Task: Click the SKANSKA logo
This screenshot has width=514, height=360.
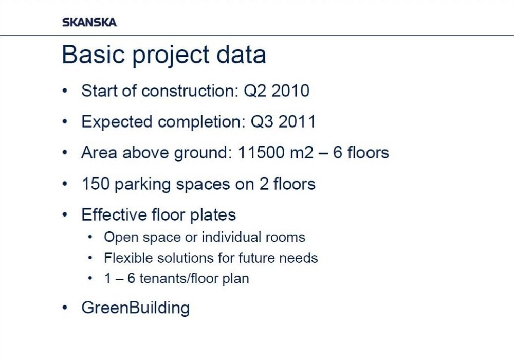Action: click(89, 22)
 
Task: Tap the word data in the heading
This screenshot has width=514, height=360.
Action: click(241, 54)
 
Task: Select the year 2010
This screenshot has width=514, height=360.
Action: click(290, 91)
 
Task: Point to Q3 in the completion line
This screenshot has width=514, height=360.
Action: click(262, 122)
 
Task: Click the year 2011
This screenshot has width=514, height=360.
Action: click(297, 122)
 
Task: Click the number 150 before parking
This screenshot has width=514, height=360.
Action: click(96, 184)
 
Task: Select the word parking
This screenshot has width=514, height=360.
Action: click(142, 184)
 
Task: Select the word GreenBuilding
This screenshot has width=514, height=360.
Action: click(136, 308)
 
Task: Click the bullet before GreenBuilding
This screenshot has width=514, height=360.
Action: click(65, 308)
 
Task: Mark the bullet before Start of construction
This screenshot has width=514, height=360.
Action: click(65, 91)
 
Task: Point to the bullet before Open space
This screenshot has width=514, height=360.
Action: click(90, 237)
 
